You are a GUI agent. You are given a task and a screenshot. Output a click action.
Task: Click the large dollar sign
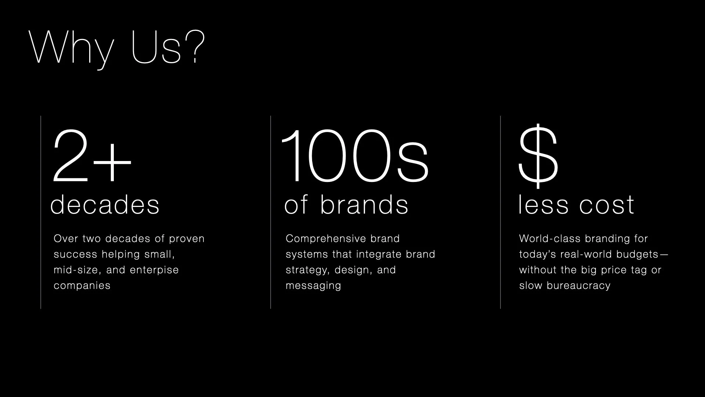(538, 156)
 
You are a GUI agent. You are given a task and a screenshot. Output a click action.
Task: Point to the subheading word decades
(105, 205)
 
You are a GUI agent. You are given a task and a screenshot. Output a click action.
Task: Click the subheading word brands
(364, 204)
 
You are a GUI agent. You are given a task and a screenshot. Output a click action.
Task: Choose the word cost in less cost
(607, 205)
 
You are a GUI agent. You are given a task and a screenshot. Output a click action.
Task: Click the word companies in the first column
(82, 286)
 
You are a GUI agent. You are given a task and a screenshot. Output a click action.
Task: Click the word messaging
(313, 286)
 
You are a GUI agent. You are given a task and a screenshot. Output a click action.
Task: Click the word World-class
(550, 239)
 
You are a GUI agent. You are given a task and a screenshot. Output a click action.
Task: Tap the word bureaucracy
(578, 286)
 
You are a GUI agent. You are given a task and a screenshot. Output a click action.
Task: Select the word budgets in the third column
(637, 254)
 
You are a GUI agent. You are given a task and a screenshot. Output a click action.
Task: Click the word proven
(187, 239)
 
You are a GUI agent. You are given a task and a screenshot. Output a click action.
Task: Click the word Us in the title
(156, 48)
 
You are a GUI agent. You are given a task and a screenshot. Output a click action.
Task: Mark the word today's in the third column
(538, 254)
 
